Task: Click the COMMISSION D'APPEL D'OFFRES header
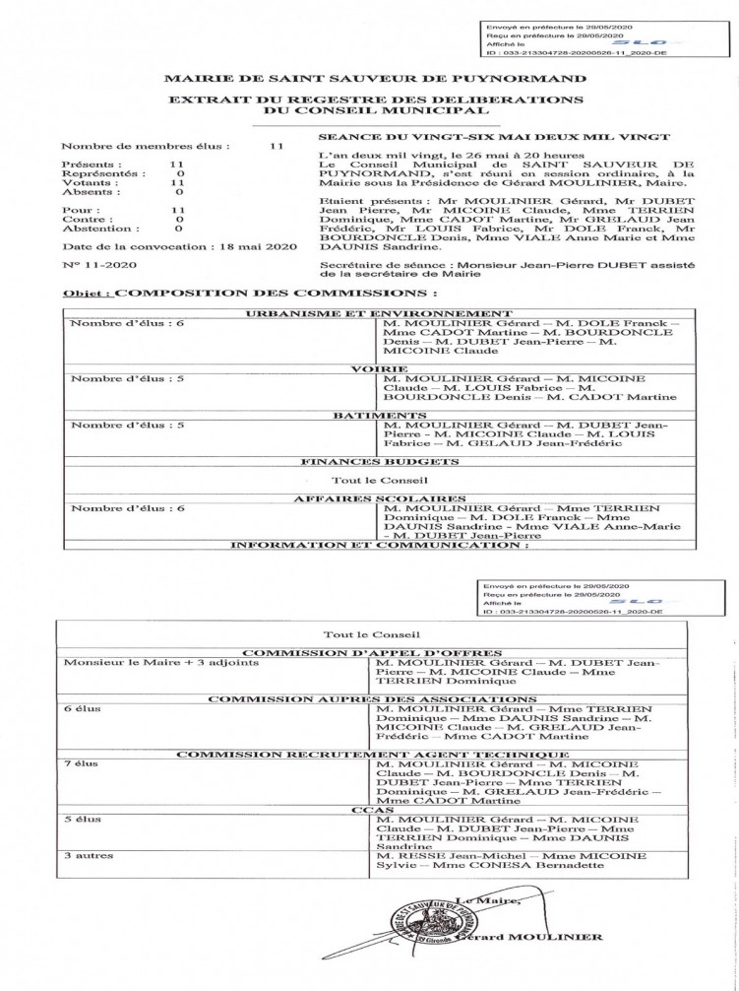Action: coord(370,653)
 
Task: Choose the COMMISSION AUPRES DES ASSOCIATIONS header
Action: coord(370,699)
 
